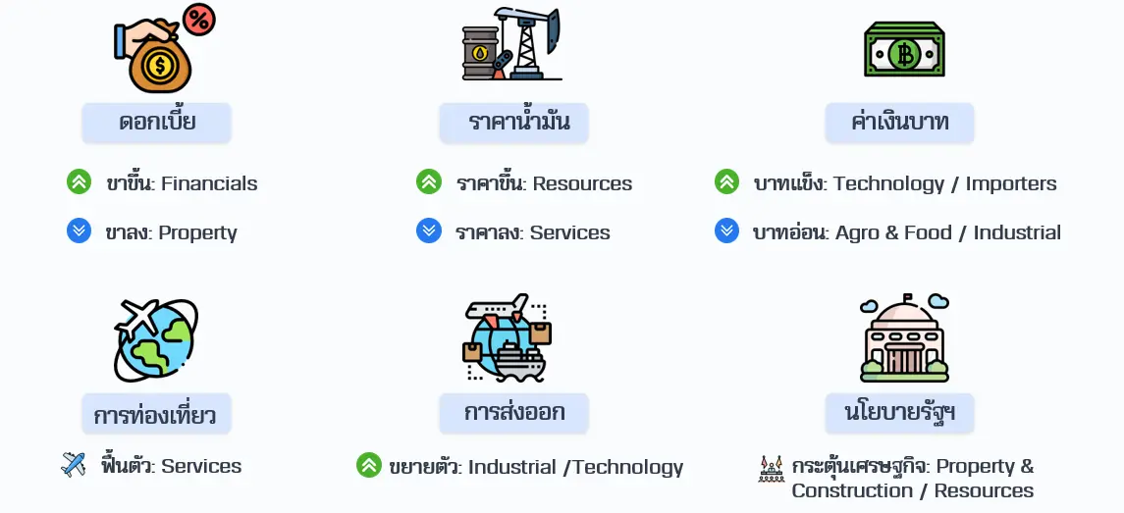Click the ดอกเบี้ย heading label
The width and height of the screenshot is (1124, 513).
click(x=157, y=123)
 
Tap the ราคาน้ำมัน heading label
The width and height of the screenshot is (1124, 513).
click(x=514, y=123)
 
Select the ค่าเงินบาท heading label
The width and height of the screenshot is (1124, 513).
click(x=900, y=123)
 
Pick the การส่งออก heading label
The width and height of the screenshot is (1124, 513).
click(x=514, y=413)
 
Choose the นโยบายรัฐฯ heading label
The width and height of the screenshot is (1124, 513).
click(x=900, y=413)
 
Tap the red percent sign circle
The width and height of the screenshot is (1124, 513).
click(x=199, y=20)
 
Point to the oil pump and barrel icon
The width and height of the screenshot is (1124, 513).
click(x=511, y=44)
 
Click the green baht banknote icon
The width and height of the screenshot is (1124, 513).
click(x=903, y=50)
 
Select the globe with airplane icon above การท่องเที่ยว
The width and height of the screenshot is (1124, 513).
click(x=155, y=339)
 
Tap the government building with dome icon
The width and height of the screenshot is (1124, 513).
click(x=903, y=338)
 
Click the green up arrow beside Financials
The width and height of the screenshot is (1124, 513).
click(x=79, y=182)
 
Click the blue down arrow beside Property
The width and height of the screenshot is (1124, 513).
click(x=79, y=231)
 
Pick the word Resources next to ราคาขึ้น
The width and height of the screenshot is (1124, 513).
click(x=582, y=183)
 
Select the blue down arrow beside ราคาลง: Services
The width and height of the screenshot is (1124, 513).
click(x=428, y=231)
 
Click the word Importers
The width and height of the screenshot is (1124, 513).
click(x=1011, y=183)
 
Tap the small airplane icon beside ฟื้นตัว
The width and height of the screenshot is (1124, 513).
click(x=74, y=465)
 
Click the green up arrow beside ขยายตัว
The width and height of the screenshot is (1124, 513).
click(x=368, y=466)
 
